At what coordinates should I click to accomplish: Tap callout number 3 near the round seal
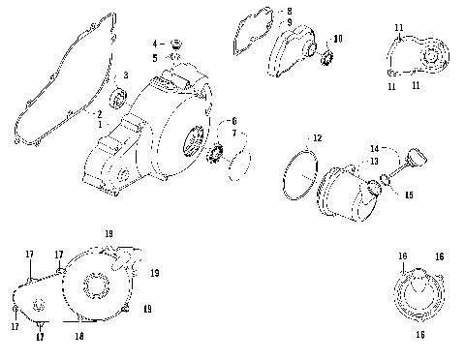125,75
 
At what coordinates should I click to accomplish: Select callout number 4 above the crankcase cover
153,45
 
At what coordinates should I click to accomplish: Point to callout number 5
153,58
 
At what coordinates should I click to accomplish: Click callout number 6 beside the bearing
232,120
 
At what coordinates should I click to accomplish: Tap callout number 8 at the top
287,12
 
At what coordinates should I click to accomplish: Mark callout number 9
287,22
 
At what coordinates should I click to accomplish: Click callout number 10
337,39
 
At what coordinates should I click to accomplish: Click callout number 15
408,195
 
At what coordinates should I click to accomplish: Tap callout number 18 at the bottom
80,336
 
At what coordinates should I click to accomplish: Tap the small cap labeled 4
175,44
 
